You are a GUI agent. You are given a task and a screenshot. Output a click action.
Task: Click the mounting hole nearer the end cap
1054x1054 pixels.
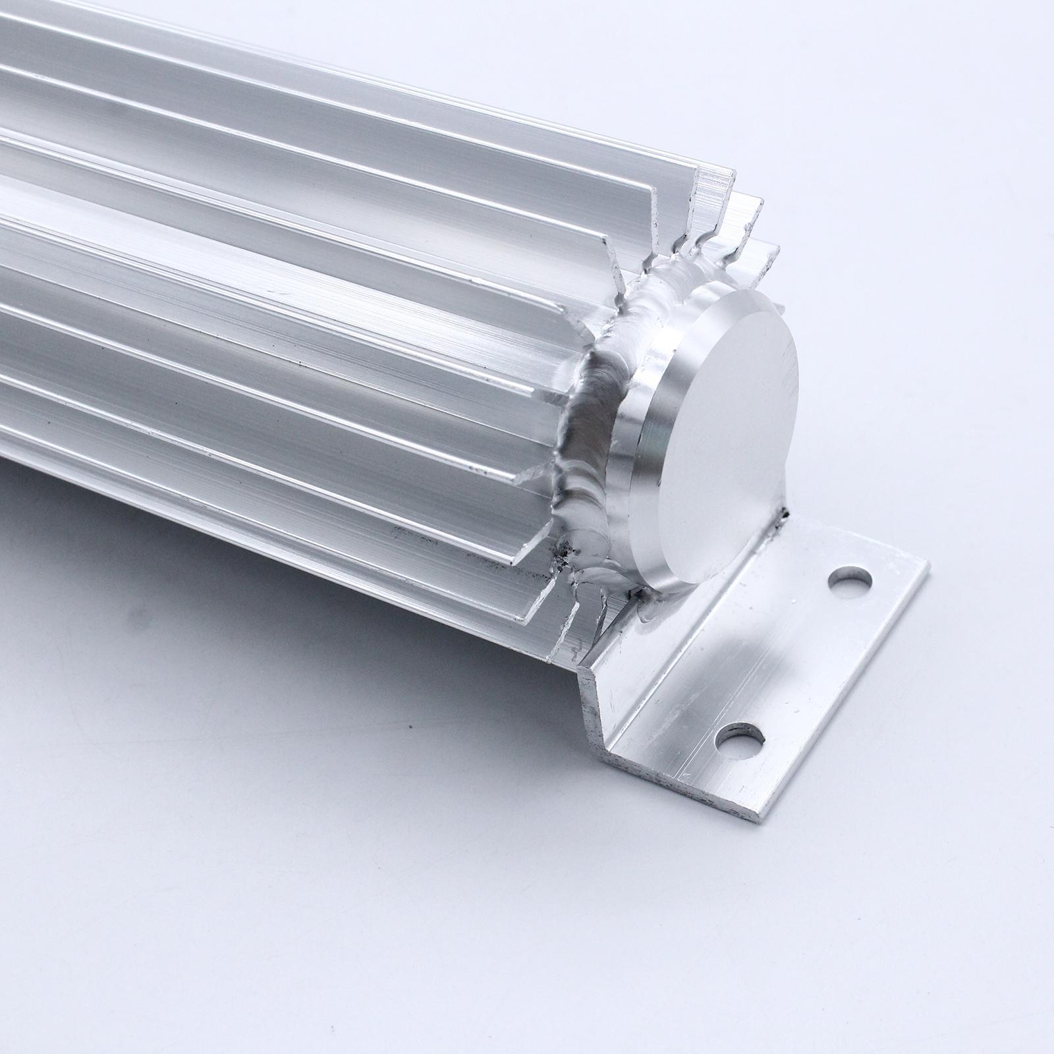point(850,582)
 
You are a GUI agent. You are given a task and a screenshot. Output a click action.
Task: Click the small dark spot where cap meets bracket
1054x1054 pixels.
point(786,513)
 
